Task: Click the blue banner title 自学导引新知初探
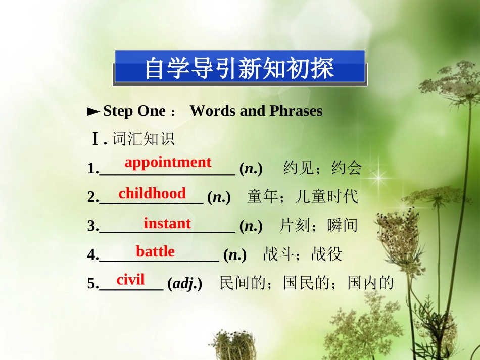coord(239,68)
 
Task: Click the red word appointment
coord(168,162)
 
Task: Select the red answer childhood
coord(152,193)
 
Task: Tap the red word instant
coord(167,223)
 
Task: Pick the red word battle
coord(155,251)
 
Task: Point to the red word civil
coord(130,279)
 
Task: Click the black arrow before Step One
coord(93,111)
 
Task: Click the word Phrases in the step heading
coord(296,111)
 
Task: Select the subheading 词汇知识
coord(143,139)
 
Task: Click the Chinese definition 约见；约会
coord(323,168)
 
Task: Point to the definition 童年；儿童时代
coord(302,197)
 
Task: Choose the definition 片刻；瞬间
coord(318,225)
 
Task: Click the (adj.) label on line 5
coord(185,283)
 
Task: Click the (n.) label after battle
coord(235,255)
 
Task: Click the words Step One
coord(134,111)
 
